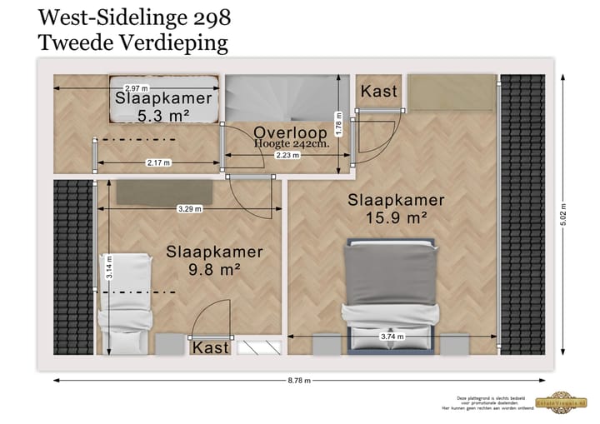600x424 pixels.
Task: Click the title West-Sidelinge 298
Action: coord(135,17)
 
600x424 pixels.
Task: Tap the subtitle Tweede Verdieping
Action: coord(133,43)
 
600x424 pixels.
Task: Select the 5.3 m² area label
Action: coord(163,117)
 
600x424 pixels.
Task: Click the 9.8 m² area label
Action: coord(214,270)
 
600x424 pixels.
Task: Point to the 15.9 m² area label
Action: coord(397,218)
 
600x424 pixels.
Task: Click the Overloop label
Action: coord(290,132)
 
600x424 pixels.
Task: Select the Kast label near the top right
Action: coord(378,91)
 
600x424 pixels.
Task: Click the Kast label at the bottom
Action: coord(210,347)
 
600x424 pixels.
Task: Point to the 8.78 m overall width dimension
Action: coord(301,381)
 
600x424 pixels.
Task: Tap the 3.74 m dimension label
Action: coord(392,337)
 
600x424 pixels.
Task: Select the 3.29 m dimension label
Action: coord(189,209)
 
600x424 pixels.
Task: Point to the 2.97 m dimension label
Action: coord(136,88)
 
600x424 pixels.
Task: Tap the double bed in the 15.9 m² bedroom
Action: coord(391,292)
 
